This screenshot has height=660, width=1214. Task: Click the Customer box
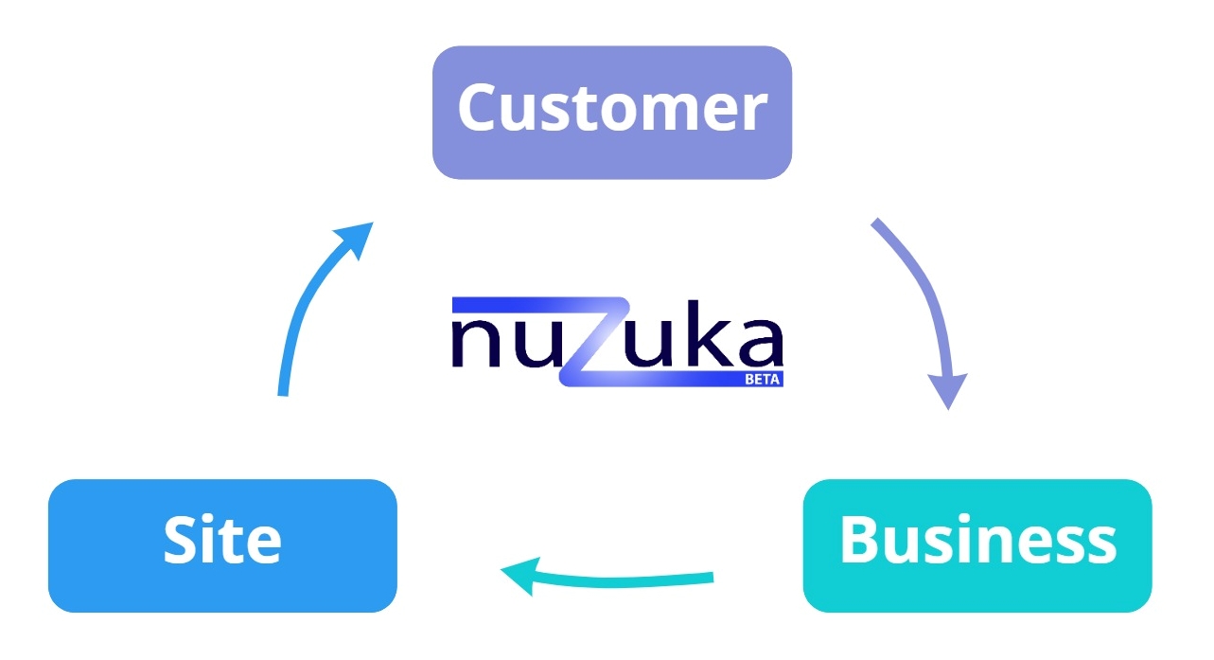pos(611,112)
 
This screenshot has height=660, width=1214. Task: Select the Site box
pos(222,544)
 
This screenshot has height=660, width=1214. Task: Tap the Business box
pos(976,544)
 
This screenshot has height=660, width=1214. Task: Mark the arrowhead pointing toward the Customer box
pos(356,237)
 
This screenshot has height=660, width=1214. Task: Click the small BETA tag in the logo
pos(763,379)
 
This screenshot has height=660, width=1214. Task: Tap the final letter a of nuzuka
pos(757,347)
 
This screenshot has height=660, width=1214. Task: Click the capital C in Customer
pos(483,107)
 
